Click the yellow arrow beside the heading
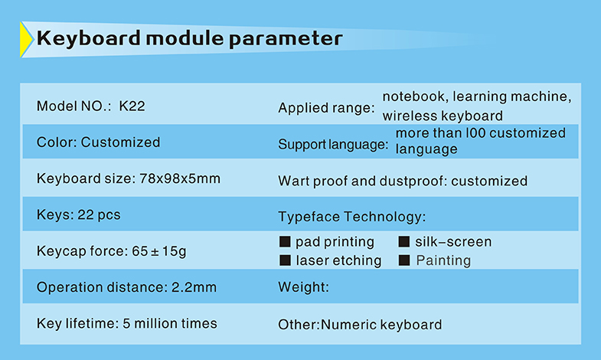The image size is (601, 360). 26,40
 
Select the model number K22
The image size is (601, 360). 132,106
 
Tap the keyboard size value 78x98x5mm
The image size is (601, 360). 180,178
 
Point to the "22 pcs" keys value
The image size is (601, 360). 99,215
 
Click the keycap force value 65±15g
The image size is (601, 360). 159,251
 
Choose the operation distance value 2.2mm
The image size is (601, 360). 194,287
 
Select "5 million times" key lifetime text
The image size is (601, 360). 170,323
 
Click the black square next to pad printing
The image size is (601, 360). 285,241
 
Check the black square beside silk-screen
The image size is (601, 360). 404,241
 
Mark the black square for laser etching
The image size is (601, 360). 285,260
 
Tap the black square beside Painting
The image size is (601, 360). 404,260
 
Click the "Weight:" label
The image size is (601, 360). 304,287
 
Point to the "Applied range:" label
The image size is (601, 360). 326,108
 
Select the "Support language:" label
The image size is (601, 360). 333,145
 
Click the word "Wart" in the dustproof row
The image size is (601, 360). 293,181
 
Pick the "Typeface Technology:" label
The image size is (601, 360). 352,217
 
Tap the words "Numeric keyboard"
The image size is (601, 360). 381,325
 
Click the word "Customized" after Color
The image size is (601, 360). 120,142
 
